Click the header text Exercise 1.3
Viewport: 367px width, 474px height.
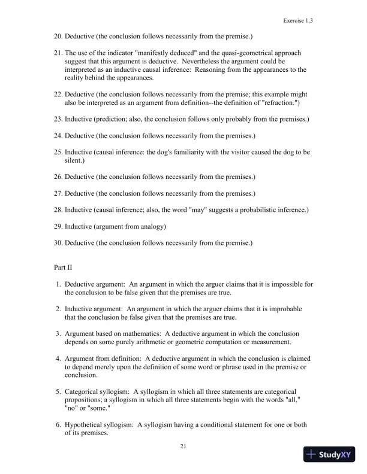tap(299, 20)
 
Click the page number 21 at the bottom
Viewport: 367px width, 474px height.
tap(183, 445)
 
